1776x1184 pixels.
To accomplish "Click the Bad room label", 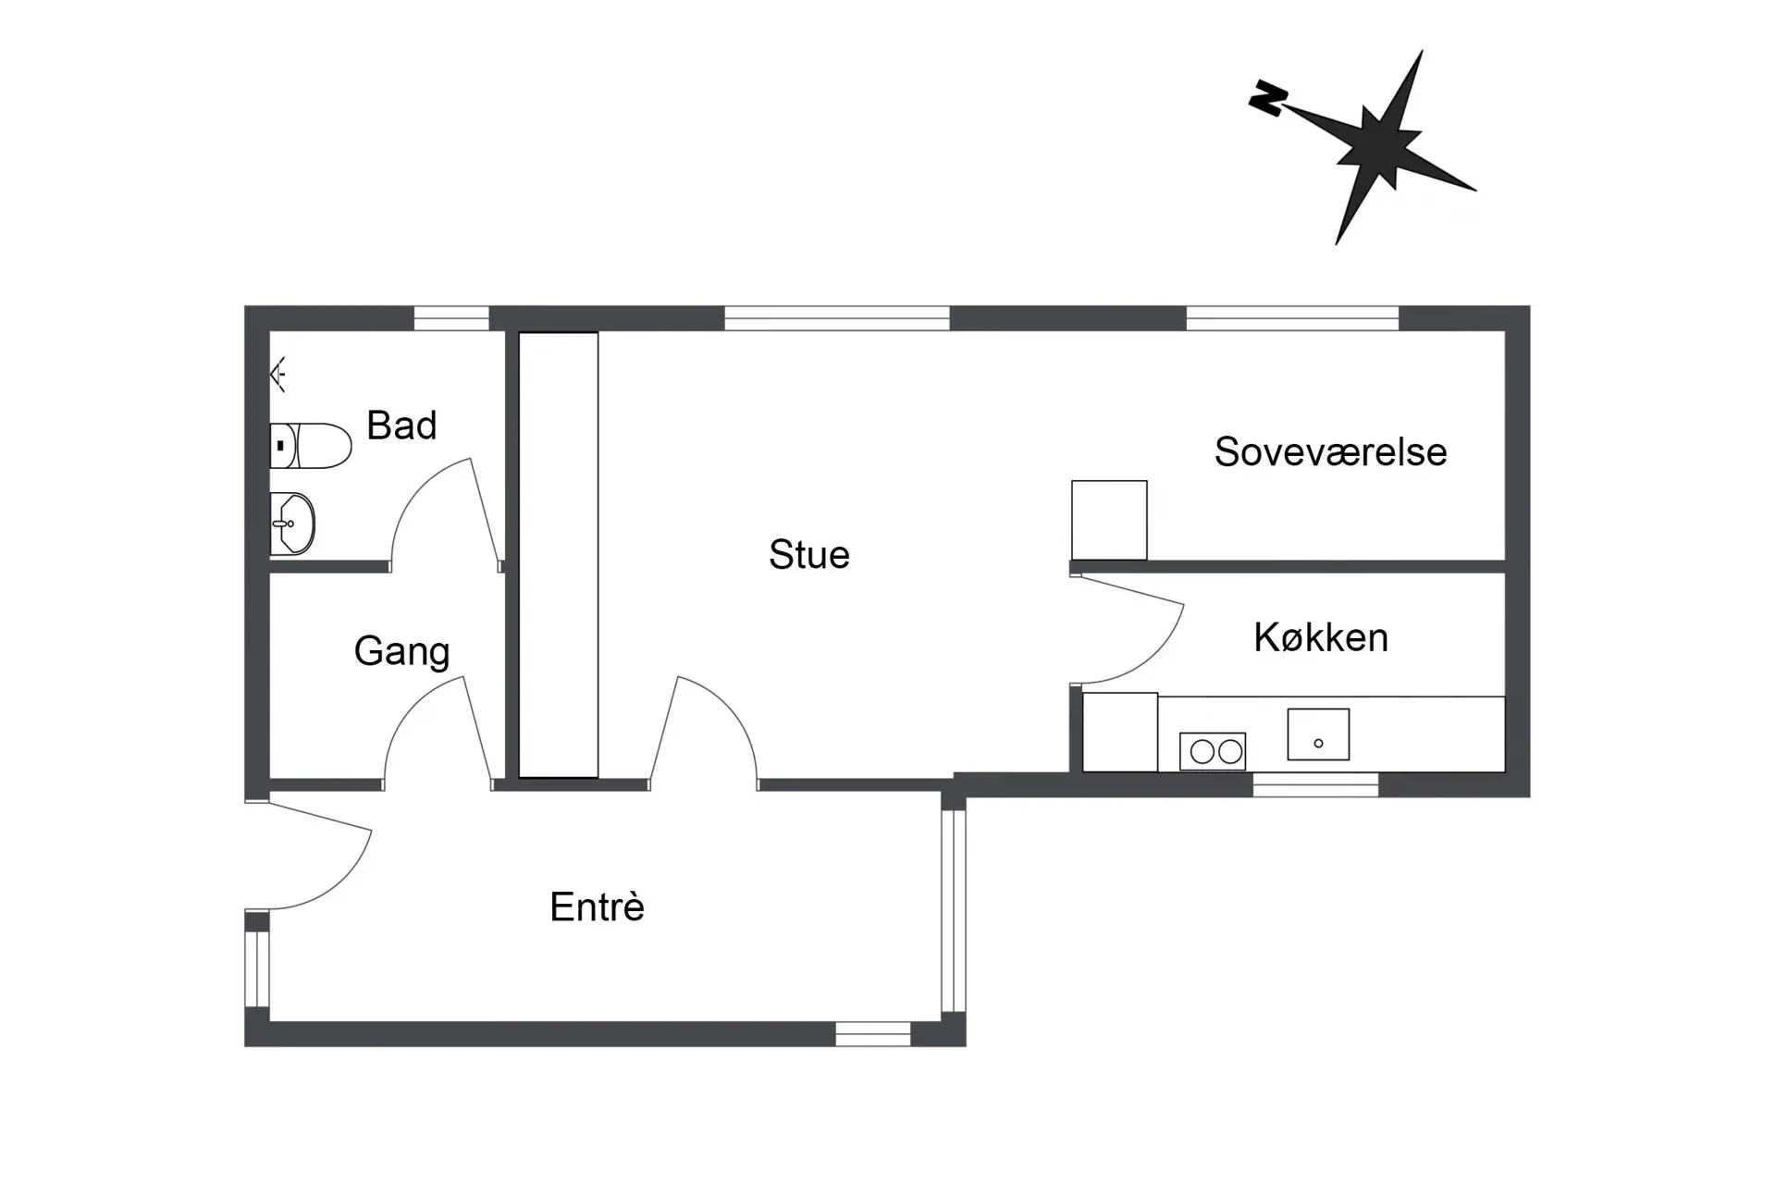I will [x=401, y=425].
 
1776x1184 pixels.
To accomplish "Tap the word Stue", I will [x=808, y=554].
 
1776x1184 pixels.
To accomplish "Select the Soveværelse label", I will [x=1330, y=452].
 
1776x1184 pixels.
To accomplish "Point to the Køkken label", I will [x=1320, y=637].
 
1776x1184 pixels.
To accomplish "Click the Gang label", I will [x=401, y=651].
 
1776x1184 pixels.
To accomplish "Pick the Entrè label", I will [x=597, y=906].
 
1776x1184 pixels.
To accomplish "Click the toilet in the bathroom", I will [x=311, y=446].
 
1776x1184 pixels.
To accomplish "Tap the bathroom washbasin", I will [x=292, y=524].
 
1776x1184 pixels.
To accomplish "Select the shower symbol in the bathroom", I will [x=278, y=374].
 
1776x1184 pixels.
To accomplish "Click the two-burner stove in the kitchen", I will [x=1213, y=751].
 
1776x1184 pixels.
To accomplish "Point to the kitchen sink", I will [x=1318, y=734].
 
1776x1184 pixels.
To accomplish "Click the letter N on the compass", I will [x=1267, y=97].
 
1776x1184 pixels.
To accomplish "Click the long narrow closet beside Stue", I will [x=558, y=555].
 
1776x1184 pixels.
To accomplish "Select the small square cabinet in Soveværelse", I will [x=1109, y=520].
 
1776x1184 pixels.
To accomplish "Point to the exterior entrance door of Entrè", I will [x=310, y=856].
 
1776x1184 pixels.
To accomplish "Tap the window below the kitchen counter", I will [x=1315, y=785].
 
